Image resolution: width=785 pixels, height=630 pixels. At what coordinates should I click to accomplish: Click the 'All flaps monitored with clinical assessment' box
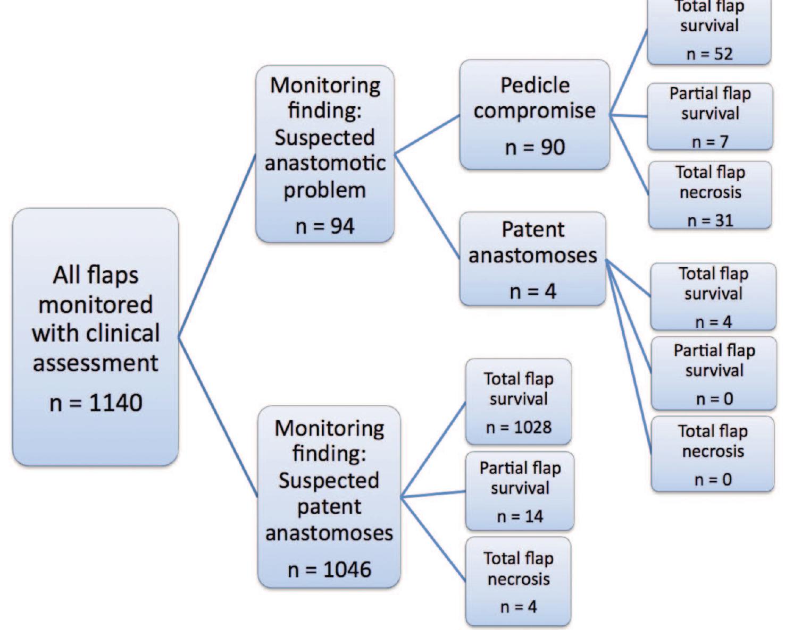point(95,337)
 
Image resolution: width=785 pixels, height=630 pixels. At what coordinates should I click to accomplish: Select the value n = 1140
point(96,403)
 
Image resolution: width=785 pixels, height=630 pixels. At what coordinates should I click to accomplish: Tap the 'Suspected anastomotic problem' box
point(324,154)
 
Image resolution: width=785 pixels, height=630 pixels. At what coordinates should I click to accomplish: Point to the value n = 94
point(324,226)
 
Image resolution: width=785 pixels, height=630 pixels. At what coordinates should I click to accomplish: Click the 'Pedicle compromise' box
point(535,114)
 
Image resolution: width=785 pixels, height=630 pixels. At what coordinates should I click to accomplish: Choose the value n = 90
point(535,147)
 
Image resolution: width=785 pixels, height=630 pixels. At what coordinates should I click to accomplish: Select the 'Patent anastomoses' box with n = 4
point(532,259)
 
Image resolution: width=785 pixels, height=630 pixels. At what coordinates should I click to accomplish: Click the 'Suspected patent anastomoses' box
point(329,497)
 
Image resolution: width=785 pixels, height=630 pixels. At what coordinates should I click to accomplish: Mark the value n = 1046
point(329,569)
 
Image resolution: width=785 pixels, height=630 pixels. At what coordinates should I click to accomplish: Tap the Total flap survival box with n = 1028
point(519,402)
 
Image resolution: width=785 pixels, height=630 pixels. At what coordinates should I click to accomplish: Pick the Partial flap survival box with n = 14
point(520,491)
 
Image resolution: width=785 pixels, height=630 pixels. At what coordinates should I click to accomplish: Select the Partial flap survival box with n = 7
point(710,116)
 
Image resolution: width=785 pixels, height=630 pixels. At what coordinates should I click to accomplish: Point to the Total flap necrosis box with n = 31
point(710,195)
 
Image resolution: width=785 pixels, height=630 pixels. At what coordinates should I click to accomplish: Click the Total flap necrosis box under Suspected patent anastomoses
point(519,581)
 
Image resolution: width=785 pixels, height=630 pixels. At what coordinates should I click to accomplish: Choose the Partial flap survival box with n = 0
point(714,373)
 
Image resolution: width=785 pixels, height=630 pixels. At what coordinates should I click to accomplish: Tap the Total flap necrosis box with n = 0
point(713,454)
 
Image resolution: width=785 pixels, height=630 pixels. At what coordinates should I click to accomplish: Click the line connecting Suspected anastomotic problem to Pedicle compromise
point(427,134)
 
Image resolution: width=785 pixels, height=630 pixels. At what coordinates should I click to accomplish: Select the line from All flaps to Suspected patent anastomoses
point(218,417)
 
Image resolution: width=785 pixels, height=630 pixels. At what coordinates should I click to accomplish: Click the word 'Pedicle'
point(535,86)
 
